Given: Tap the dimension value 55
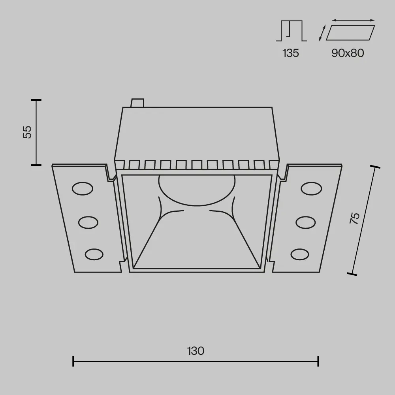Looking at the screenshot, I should point(27,132).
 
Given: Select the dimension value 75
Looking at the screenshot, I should point(355,218).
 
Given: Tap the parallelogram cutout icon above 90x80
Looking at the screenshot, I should point(350,32).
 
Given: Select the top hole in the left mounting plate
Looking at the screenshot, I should point(82,188).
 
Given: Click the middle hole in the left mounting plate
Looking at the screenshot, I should point(88,222).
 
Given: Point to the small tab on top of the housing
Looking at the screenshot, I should point(137,103).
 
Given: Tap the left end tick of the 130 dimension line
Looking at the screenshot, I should point(73,361).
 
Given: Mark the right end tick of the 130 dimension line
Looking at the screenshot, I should point(318,361).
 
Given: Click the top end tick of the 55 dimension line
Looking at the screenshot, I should point(36,100).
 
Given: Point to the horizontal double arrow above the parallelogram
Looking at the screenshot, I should point(353,19).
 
